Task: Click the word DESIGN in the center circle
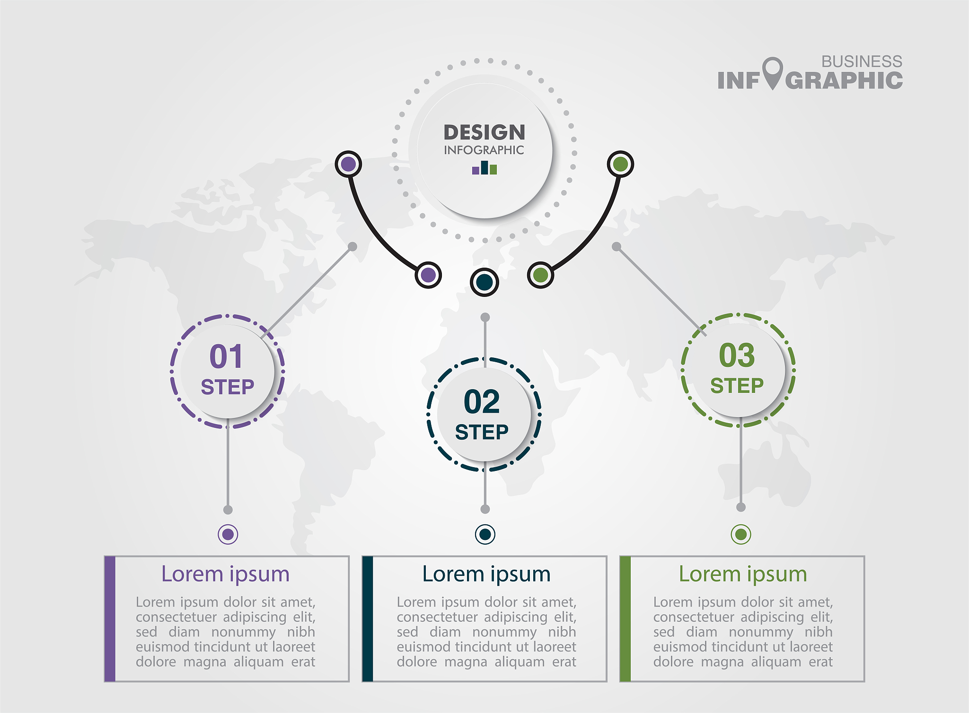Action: (484, 132)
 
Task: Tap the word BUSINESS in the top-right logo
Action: (862, 61)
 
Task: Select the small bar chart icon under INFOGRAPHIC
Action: (484, 167)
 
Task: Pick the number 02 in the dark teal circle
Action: (482, 402)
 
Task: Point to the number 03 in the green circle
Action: (737, 355)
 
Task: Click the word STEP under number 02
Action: (482, 432)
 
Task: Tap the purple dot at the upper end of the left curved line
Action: (348, 164)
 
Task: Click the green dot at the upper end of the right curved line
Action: (620, 164)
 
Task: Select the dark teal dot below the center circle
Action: (484, 282)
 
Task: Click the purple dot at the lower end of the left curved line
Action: (428, 275)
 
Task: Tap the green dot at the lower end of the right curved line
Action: (540, 275)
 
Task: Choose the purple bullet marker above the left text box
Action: (228, 534)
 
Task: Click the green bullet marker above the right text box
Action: (741, 534)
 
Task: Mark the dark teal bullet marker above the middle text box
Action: (485, 534)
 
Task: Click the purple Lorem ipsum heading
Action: (225, 574)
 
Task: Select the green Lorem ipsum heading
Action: (743, 574)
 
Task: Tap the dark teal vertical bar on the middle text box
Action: (368, 619)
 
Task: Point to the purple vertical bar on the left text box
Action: (110, 619)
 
